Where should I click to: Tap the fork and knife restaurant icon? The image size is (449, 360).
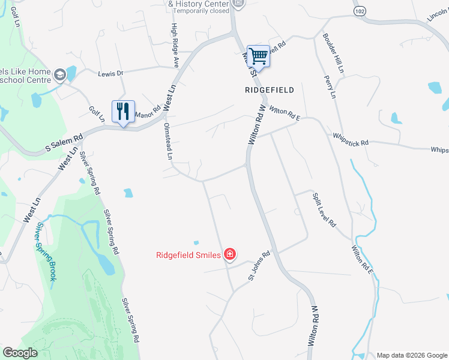(123, 112)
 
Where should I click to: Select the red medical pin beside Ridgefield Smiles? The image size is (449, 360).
(229, 255)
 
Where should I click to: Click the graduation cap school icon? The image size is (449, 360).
(59, 74)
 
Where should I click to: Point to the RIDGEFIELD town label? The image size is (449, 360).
(270, 90)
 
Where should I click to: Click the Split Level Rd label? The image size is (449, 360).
(324, 209)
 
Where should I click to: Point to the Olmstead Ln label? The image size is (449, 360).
(169, 142)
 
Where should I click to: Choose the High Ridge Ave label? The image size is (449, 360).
(175, 44)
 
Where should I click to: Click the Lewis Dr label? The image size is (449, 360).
(110, 73)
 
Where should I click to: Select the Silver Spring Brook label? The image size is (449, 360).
(45, 252)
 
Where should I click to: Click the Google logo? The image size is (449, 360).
(20, 353)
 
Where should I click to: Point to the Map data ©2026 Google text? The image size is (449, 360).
(412, 355)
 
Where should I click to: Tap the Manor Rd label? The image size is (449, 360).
(148, 112)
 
